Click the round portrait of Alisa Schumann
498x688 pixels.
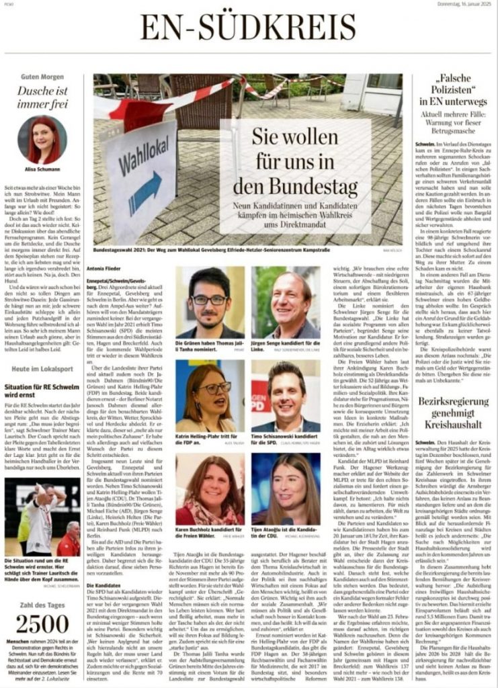[x=42, y=140]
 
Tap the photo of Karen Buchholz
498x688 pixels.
[x=210, y=488]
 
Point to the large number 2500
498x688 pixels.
[x=42, y=624]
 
